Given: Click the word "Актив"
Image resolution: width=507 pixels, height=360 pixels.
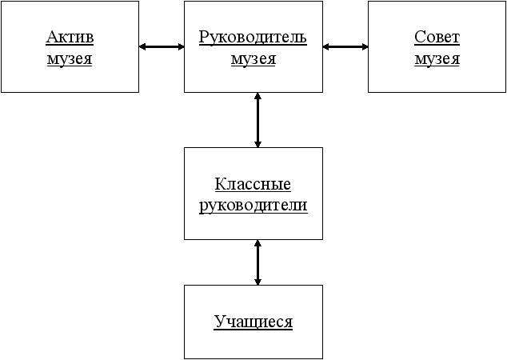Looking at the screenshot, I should [x=70, y=37].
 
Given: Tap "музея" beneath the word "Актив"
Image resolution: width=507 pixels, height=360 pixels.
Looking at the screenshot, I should [x=70, y=58].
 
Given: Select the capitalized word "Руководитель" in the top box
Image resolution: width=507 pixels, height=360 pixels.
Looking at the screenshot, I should [x=253, y=37].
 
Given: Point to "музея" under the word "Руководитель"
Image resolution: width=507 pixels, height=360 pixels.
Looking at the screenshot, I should [x=253, y=58].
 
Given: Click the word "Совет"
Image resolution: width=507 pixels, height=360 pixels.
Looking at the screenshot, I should [x=437, y=37].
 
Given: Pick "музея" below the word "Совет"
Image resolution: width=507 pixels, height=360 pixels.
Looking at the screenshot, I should [x=437, y=58].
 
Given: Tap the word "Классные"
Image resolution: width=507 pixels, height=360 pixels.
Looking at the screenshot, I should [x=253, y=184].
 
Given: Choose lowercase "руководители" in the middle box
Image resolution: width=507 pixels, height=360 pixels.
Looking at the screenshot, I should [x=253, y=205].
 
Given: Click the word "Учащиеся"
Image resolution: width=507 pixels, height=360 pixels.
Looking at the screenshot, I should [x=253, y=322].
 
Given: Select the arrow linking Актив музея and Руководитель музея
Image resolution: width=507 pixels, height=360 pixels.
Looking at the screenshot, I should [x=162, y=46].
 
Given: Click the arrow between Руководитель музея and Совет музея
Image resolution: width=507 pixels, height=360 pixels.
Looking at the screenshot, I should [x=345, y=46].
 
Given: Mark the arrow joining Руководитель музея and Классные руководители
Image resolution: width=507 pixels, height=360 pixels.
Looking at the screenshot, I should [x=257, y=120].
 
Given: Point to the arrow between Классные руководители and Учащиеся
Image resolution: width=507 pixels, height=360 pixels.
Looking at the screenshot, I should [x=257, y=262].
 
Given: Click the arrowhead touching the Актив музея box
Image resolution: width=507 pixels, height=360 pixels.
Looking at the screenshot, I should [x=143, y=46].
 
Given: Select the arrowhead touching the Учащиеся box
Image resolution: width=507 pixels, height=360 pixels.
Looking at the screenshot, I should [x=257, y=280].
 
